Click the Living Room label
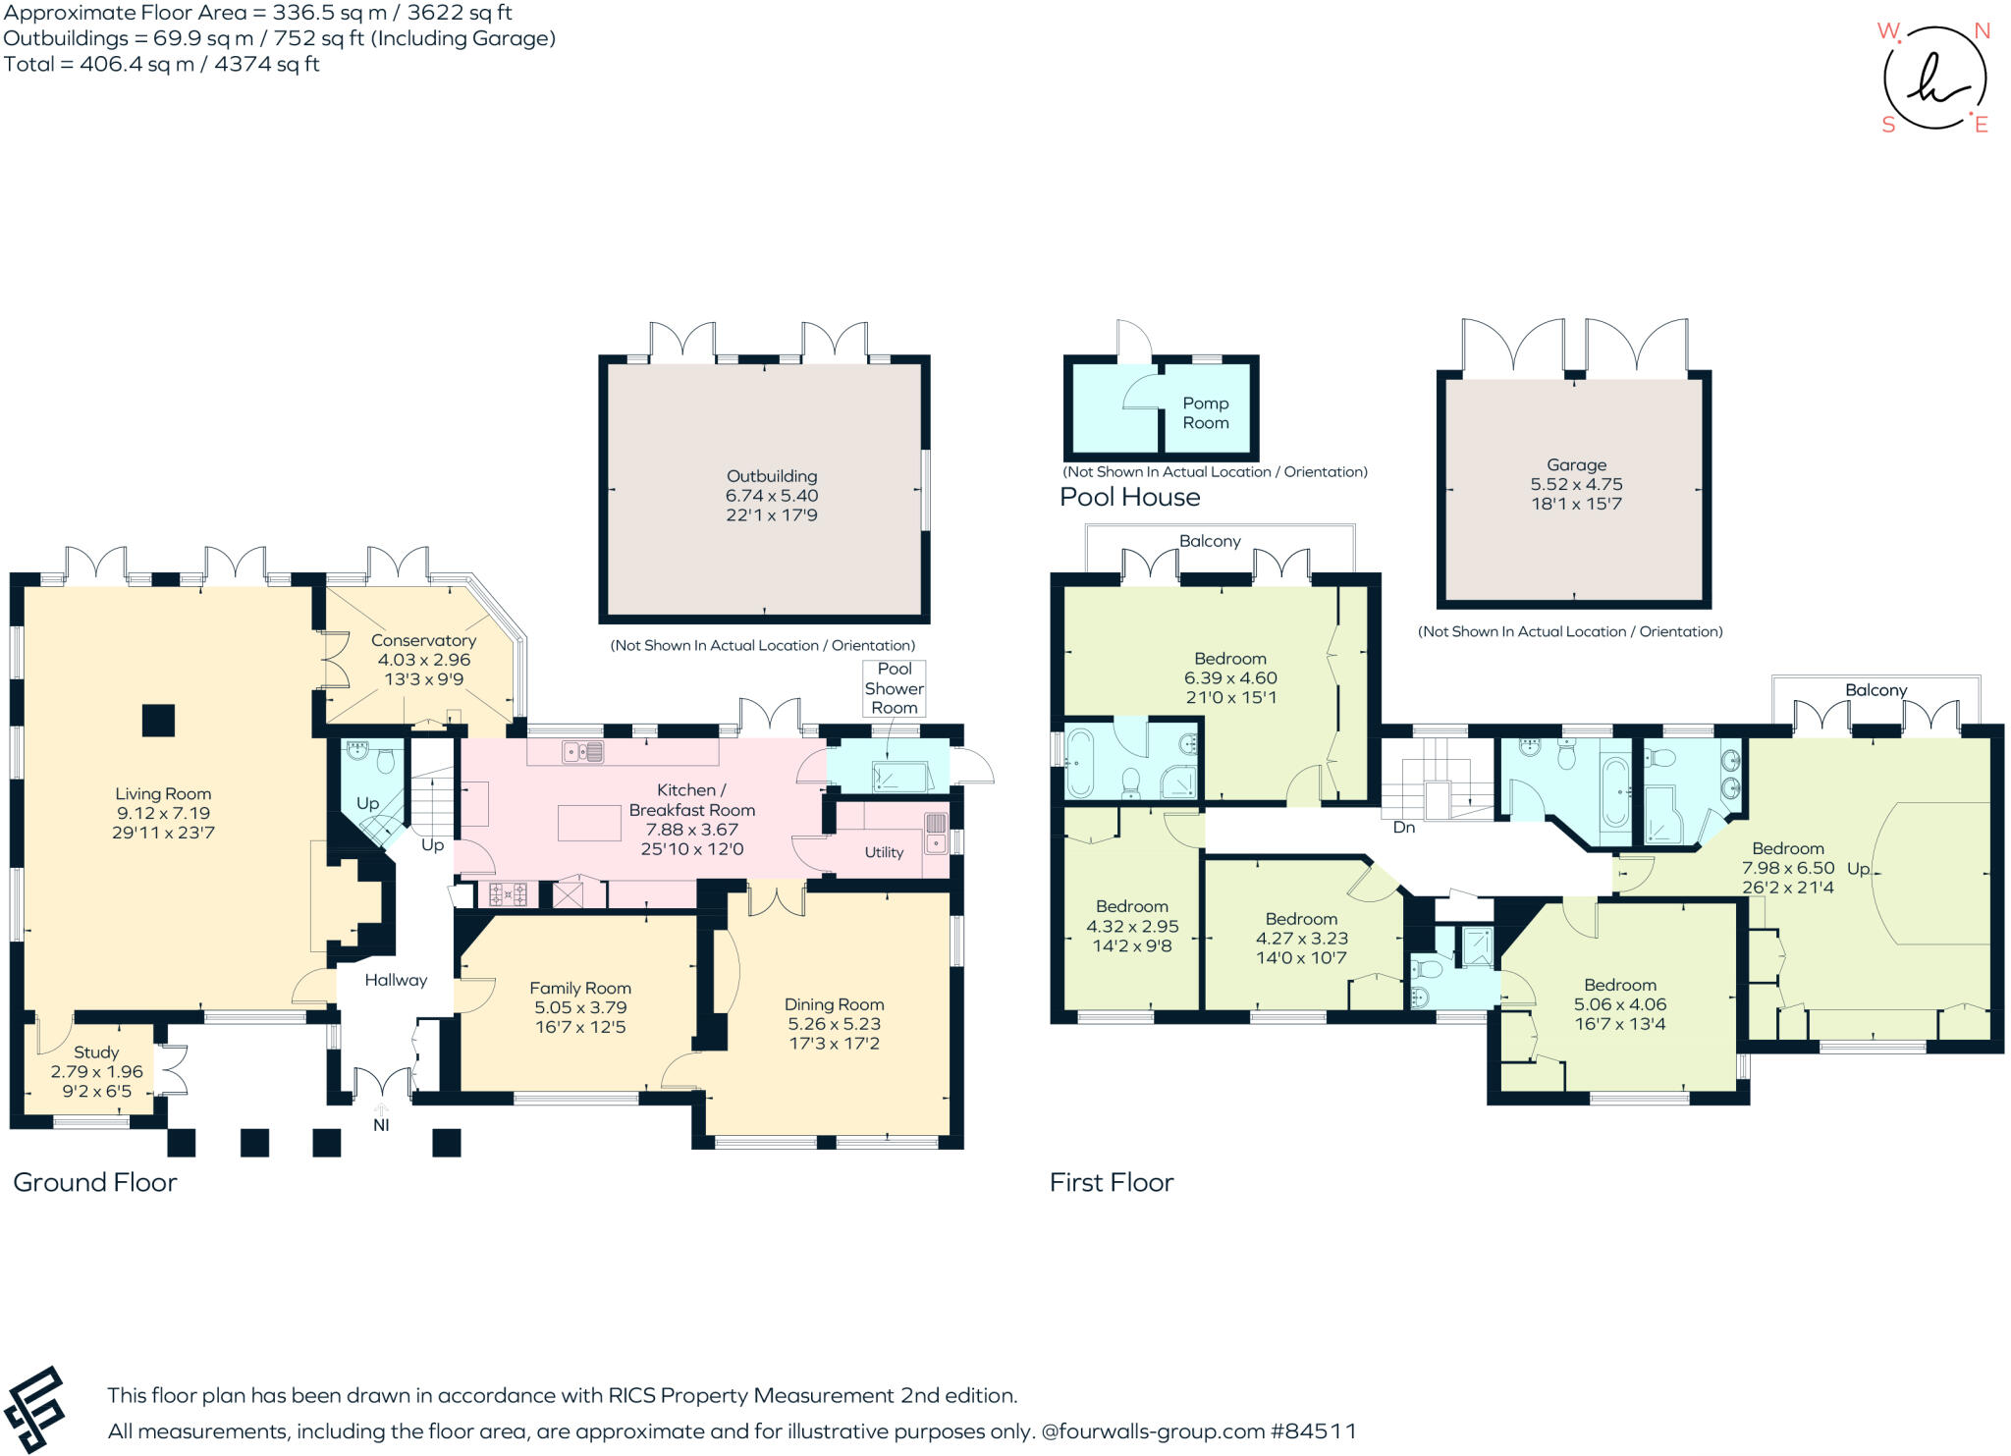coord(163,793)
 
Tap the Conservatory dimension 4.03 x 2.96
coord(423,660)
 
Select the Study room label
coord(96,1052)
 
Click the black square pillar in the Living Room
coord(158,721)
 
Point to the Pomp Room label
coord(1205,412)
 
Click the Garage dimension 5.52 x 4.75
coord(1576,484)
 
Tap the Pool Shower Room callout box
coord(894,687)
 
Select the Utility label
coord(884,852)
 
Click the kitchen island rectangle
coord(589,823)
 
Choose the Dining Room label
coord(834,1004)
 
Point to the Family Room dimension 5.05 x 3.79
coord(580,1007)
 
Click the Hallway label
coord(396,980)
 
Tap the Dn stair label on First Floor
coord(1403,828)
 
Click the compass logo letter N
coord(1982,31)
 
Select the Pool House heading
coord(1129,497)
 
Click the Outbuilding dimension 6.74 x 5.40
coord(771,496)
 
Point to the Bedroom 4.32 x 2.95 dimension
coord(1131,926)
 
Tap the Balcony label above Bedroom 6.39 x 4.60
coord(1210,541)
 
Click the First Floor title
coord(1111,1182)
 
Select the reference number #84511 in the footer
coord(1314,1431)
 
